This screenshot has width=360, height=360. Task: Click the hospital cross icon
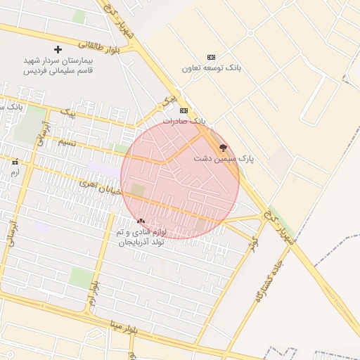point(58,49)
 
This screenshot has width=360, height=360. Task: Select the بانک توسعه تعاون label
point(212,68)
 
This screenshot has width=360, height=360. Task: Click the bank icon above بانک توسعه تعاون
point(211,57)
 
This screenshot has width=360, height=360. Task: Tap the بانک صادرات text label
point(184,121)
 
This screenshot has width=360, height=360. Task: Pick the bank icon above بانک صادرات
point(184,110)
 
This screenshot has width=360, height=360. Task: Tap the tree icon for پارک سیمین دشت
point(224,148)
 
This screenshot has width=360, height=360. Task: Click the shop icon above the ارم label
point(15,162)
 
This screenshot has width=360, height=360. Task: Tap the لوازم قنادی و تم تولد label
point(140,236)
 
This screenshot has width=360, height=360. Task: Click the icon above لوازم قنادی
point(141,221)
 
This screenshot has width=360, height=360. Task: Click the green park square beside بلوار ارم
point(82,278)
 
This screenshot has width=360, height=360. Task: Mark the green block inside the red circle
point(138,190)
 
